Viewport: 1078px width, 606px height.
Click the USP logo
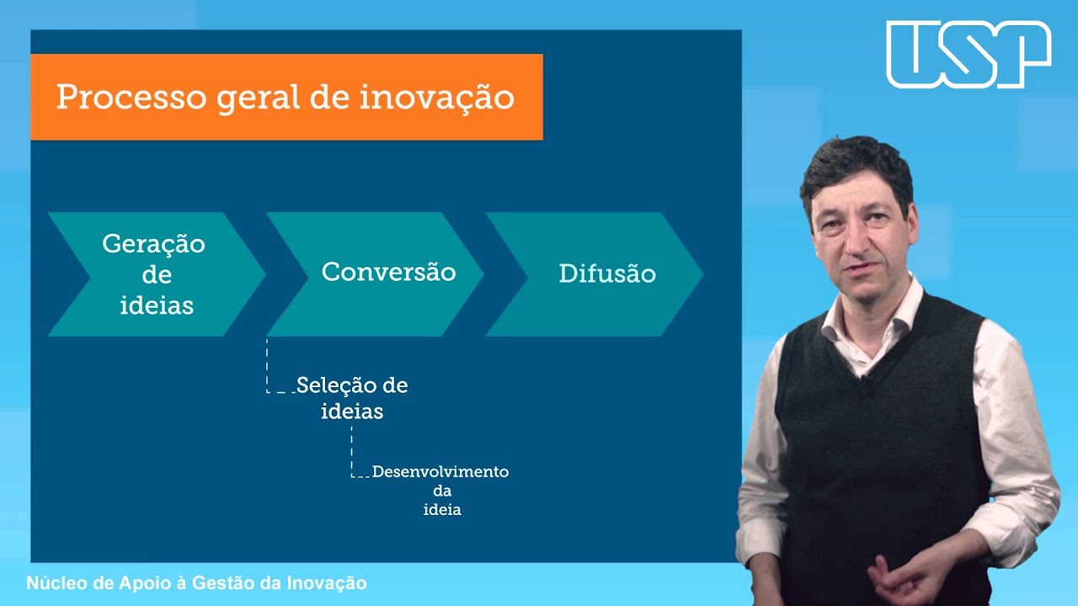[969, 55]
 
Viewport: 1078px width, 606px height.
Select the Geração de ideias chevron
[154, 274]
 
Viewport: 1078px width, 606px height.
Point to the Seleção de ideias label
[352, 398]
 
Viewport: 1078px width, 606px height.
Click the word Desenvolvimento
[440, 471]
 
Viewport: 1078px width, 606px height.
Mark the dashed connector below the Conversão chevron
[268, 366]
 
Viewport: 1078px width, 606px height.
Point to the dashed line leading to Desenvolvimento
[352, 454]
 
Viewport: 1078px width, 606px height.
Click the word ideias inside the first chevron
[157, 305]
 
